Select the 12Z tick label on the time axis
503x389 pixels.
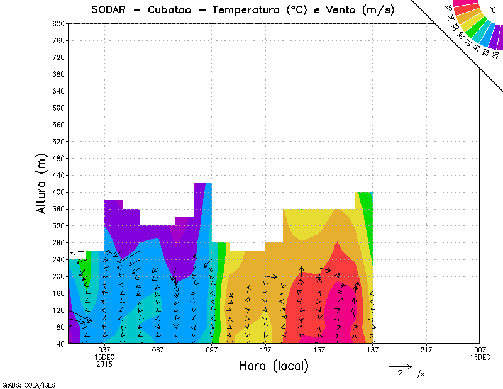pos(265,350)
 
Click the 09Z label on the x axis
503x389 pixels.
pos(212,350)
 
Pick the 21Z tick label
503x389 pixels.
pos(426,350)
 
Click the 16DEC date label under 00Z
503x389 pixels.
pos(480,357)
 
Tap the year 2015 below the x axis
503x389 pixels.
pos(104,364)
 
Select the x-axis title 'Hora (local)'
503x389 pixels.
pos(274,366)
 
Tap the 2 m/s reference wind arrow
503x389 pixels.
pos(399,366)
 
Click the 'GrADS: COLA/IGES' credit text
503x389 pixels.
pos(19,384)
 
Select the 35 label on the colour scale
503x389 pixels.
pos(448,8)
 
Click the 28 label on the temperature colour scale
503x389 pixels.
pos(495,55)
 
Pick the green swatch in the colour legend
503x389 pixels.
pos(478,30)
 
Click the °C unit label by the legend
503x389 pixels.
pos(492,11)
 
